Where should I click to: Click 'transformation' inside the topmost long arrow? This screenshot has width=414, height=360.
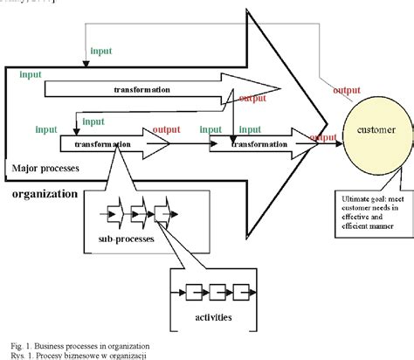141,89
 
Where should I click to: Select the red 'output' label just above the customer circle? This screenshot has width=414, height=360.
348,88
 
